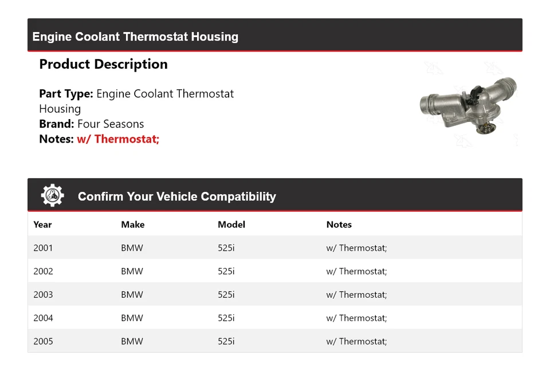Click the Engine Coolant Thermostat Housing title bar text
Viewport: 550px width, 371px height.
tap(135, 37)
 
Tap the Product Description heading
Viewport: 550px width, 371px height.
tap(103, 64)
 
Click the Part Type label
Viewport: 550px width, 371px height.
tap(66, 93)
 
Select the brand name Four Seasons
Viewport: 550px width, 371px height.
tap(111, 124)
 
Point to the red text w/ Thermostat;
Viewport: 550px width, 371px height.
tap(118, 139)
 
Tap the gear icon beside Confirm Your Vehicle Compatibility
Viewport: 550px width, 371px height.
tap(52, 196)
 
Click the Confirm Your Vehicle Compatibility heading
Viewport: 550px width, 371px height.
tap(176, 196)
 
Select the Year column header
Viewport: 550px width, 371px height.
tap(42, 224)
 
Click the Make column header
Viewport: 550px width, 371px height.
tap(132, 224)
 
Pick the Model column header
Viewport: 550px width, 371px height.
tap(231, 224)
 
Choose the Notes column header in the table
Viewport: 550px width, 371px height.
tap(339, 224)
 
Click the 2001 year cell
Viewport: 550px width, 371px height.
tap(43, 248)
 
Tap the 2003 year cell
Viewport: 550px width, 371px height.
tap(43, 295)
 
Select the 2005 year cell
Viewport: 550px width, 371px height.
tap(43, 341)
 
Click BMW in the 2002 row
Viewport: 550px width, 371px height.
tap(132, 271)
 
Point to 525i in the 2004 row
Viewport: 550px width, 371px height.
tap(226, 318)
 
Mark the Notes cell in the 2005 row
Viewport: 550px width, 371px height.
tap(356, 341)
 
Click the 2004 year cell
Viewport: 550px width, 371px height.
tap(43, 318)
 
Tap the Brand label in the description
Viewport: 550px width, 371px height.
tap(56, 124)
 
